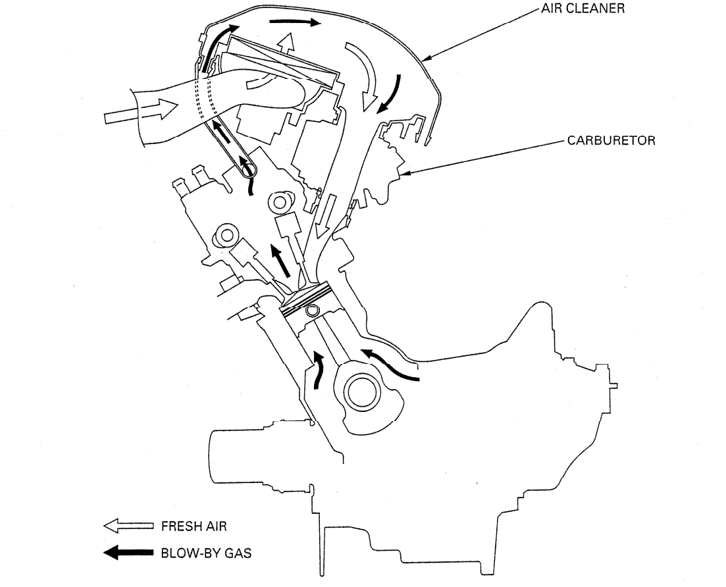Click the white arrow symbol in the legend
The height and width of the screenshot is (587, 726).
128,526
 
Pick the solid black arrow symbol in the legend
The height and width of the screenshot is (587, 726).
128,553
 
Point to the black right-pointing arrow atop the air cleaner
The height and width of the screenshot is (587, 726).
294,23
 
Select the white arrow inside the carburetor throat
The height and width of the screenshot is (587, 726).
324,217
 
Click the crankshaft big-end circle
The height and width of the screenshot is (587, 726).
363,396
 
